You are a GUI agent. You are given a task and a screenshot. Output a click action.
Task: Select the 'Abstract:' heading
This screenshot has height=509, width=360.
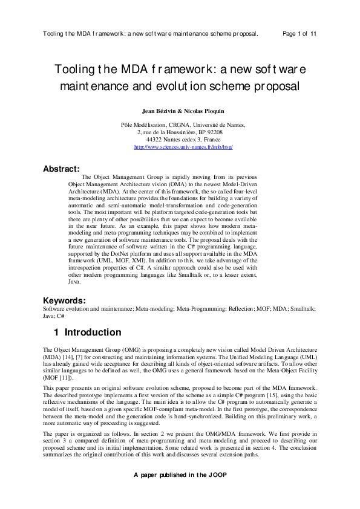[x=62, y=169]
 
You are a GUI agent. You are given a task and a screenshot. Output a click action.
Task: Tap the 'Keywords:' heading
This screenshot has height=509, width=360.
[x=64, y=300]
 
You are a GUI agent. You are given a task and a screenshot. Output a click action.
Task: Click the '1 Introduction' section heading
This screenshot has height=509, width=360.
[x=87, y=332]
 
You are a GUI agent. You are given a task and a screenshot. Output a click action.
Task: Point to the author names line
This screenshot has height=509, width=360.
[x=180, y=111]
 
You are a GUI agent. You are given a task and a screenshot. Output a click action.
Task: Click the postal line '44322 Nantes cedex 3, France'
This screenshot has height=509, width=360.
[x=180, y=139]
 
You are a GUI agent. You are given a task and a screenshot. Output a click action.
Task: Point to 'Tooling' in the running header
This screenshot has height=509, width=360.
[x=54, y=34]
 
